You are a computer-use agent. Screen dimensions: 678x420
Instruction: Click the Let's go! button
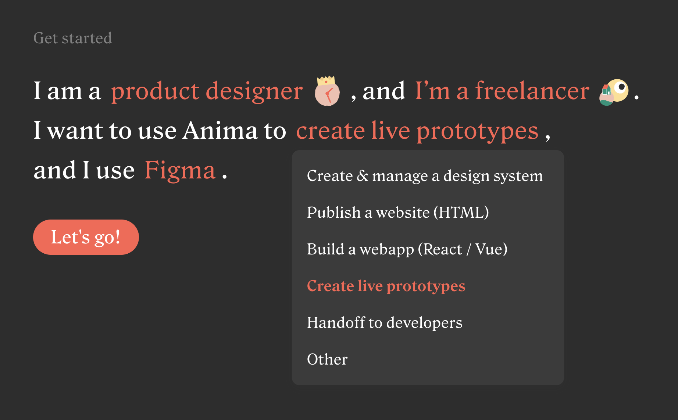(86, 237)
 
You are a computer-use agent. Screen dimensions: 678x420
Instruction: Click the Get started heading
(72, 38)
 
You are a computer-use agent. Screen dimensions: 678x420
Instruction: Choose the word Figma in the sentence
(180, 170)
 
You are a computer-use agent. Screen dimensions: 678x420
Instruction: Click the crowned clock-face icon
(327, 91)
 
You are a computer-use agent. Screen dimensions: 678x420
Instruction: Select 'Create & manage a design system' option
(425, 176)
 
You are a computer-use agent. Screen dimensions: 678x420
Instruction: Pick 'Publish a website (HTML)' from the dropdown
(398, 213)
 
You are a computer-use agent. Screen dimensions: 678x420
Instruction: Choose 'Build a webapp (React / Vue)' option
(407, 249)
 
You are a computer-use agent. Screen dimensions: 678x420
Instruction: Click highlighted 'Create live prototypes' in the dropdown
(386, 286)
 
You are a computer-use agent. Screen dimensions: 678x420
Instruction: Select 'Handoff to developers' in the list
(385, 323)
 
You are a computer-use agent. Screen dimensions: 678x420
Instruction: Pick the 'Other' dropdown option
(327, 359)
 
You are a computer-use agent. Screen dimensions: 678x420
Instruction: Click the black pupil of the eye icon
(622, 87)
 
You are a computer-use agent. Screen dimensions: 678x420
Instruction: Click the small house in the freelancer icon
(606, 90)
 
